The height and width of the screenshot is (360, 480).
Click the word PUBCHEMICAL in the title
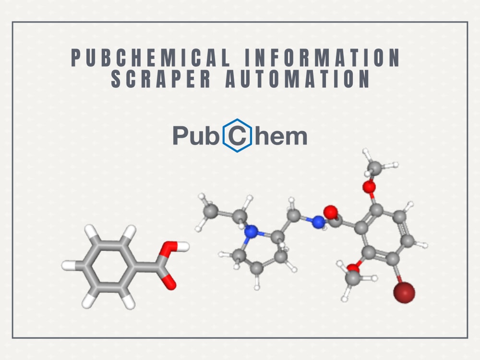(151, 57)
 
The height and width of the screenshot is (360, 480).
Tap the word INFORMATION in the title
(323, 57)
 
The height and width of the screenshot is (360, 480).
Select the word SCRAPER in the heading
(161, 79)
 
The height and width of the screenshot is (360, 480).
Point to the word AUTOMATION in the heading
(298, 79)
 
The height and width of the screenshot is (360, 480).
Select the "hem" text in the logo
(281, 136)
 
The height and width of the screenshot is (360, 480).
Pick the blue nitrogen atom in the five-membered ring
(252, 232)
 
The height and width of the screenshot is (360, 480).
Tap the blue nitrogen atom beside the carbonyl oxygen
(318, 222)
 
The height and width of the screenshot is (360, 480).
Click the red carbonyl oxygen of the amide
(331, 212)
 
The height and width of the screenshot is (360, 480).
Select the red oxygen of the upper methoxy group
(369, 186)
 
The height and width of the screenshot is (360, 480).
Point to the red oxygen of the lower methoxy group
(353, 268)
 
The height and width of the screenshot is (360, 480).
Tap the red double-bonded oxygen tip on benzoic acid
(169, 283)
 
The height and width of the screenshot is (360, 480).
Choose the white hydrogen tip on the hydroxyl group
(184, 246)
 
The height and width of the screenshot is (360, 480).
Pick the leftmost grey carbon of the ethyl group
(211, 211)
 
